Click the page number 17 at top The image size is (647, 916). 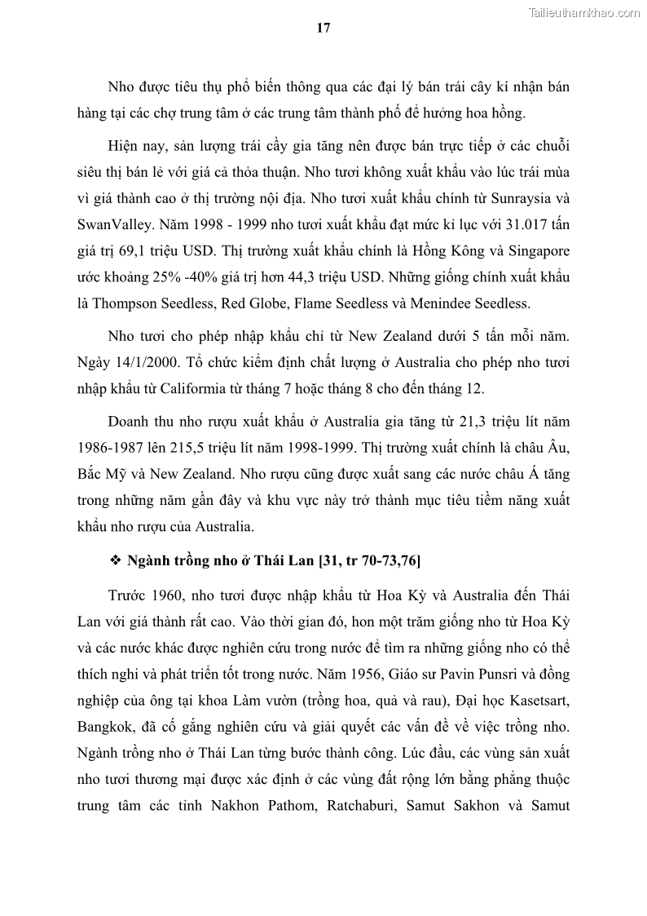point(323,28)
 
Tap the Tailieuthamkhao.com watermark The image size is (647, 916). point(585,12)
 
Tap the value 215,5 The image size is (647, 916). point(169,448)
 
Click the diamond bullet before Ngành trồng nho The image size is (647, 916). point(115,561)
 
